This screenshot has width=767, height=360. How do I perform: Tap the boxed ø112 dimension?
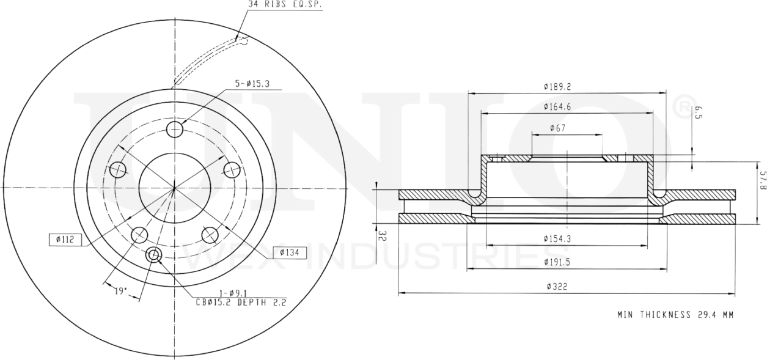[x=64, y=240]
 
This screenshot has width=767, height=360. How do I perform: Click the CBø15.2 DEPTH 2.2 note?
[x=241, y=302]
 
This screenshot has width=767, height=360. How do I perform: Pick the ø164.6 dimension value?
[x=557, y=107]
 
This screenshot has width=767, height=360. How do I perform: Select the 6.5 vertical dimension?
[x=698, y=112]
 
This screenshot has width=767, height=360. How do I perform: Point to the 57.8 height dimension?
[x=761, y=180]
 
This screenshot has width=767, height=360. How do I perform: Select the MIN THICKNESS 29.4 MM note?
[x=675, y=315]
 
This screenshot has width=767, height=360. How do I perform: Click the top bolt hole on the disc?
[x=175, y=130]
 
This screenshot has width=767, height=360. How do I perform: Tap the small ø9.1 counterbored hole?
[x=153, y=255]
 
